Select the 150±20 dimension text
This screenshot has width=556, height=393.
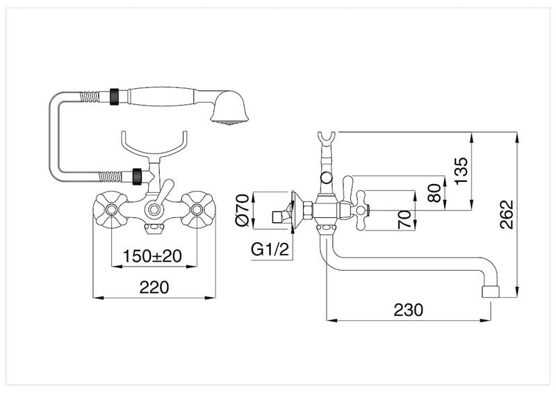pos(153,255)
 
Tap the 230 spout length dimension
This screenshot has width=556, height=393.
pos(408,310)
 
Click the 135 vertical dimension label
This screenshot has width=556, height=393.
pos(463,170)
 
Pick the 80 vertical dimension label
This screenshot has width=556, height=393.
pos(434,192)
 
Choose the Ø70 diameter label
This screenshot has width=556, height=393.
pos(242,209)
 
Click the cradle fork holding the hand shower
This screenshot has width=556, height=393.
pos(154,144)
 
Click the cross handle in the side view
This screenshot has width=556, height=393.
pos(364,206)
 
